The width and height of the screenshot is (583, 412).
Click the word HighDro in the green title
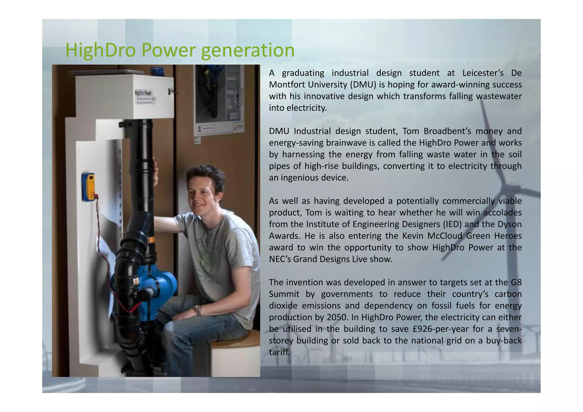pyautogui.click(x=101, y=50)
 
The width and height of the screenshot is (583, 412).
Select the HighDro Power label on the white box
pyautogui.click(x=143, y=93)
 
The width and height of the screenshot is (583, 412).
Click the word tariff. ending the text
pyautogui.click(x=279, y=352)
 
